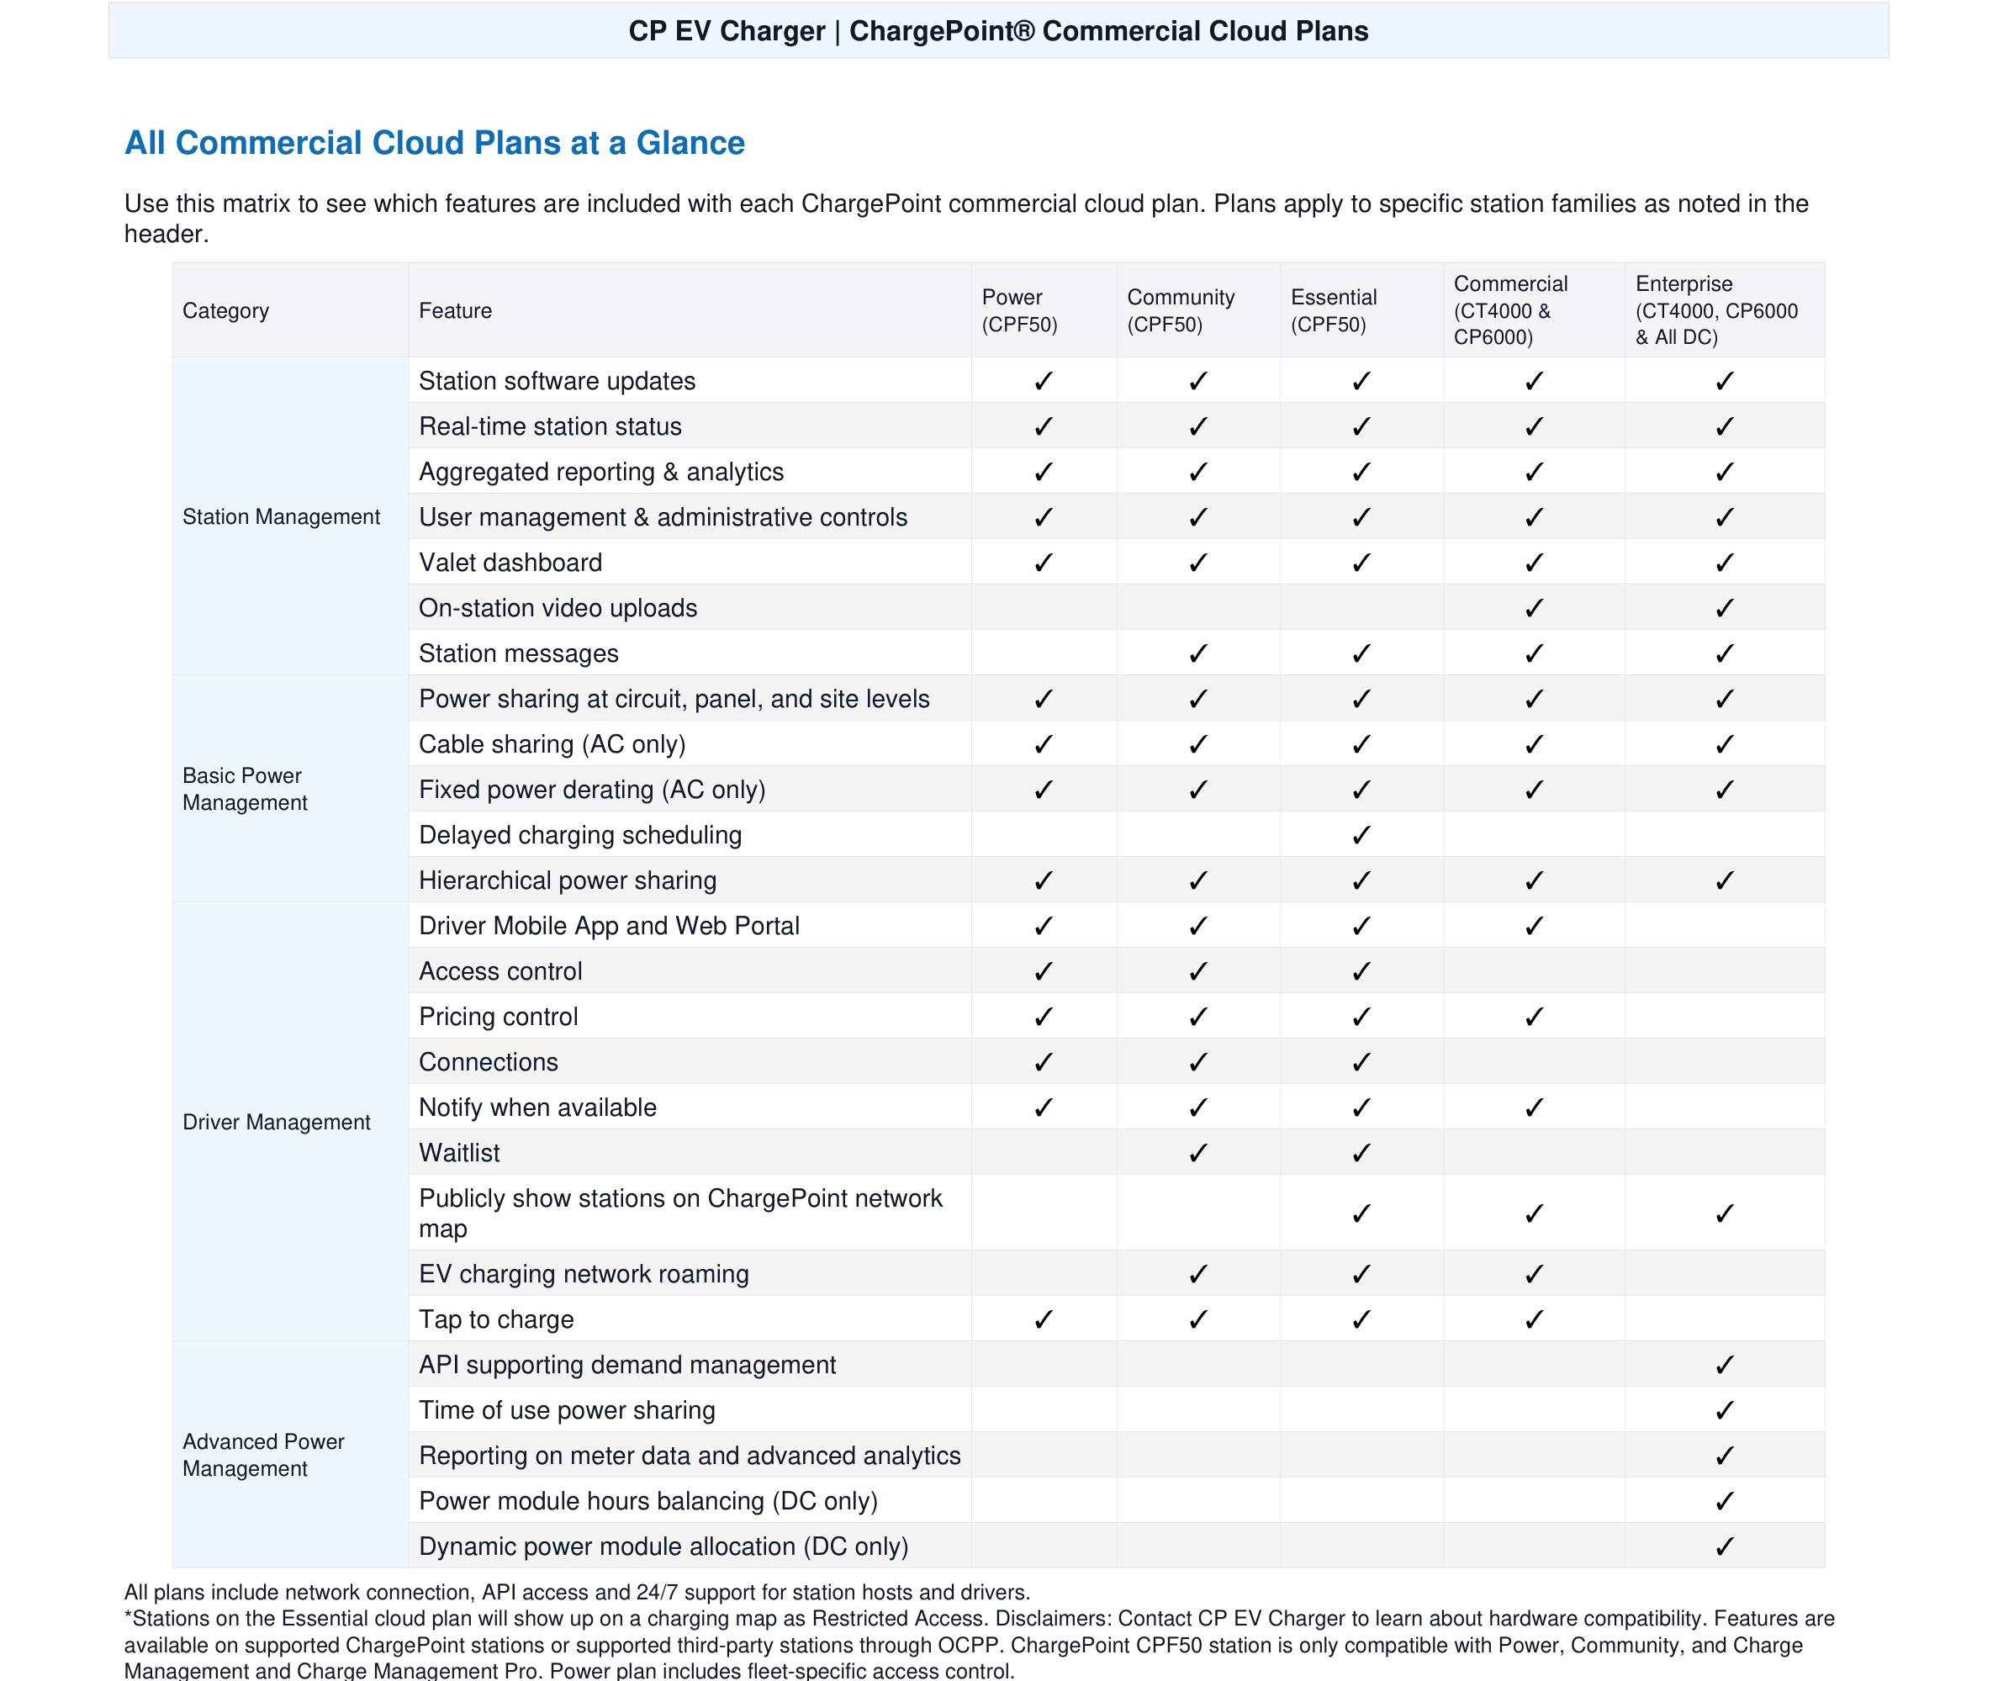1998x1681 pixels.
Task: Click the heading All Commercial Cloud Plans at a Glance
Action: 435,143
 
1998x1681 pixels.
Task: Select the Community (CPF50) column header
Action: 1180,310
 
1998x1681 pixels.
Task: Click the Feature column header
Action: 456,310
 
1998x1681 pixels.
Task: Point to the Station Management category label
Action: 281,516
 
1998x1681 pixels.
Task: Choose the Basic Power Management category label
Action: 245,789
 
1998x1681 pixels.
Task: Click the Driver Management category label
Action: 277,1122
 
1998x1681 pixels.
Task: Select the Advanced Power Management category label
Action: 263,1454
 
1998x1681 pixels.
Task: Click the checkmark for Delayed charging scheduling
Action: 1361,836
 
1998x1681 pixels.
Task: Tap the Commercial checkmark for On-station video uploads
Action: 1533,609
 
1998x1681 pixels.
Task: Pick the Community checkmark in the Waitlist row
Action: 1197,1153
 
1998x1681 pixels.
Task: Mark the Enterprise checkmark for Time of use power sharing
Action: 1724,1410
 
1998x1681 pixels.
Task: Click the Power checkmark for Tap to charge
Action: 1044,1320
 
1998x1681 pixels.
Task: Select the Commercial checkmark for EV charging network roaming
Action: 1533,1274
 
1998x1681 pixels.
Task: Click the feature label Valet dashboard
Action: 510,563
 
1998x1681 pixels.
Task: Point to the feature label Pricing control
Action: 499,1017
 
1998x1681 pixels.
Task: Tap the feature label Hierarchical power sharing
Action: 568,880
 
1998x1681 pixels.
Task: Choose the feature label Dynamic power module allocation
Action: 663,1546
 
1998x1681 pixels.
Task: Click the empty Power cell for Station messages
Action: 1044,653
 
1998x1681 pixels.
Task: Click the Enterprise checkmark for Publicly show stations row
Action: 1724,1214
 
